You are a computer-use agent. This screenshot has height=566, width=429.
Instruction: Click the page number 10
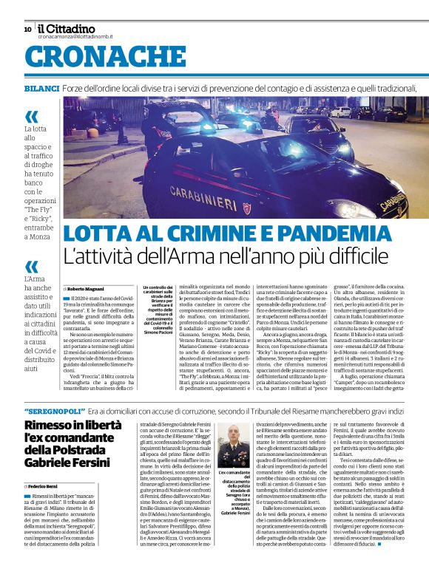pos(27,29)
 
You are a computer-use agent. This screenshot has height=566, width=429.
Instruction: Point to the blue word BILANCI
pos(41,88)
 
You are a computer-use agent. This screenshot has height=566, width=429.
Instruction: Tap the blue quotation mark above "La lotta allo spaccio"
pos(32,116)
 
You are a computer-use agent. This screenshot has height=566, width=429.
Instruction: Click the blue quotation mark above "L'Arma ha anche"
pos(32,266)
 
